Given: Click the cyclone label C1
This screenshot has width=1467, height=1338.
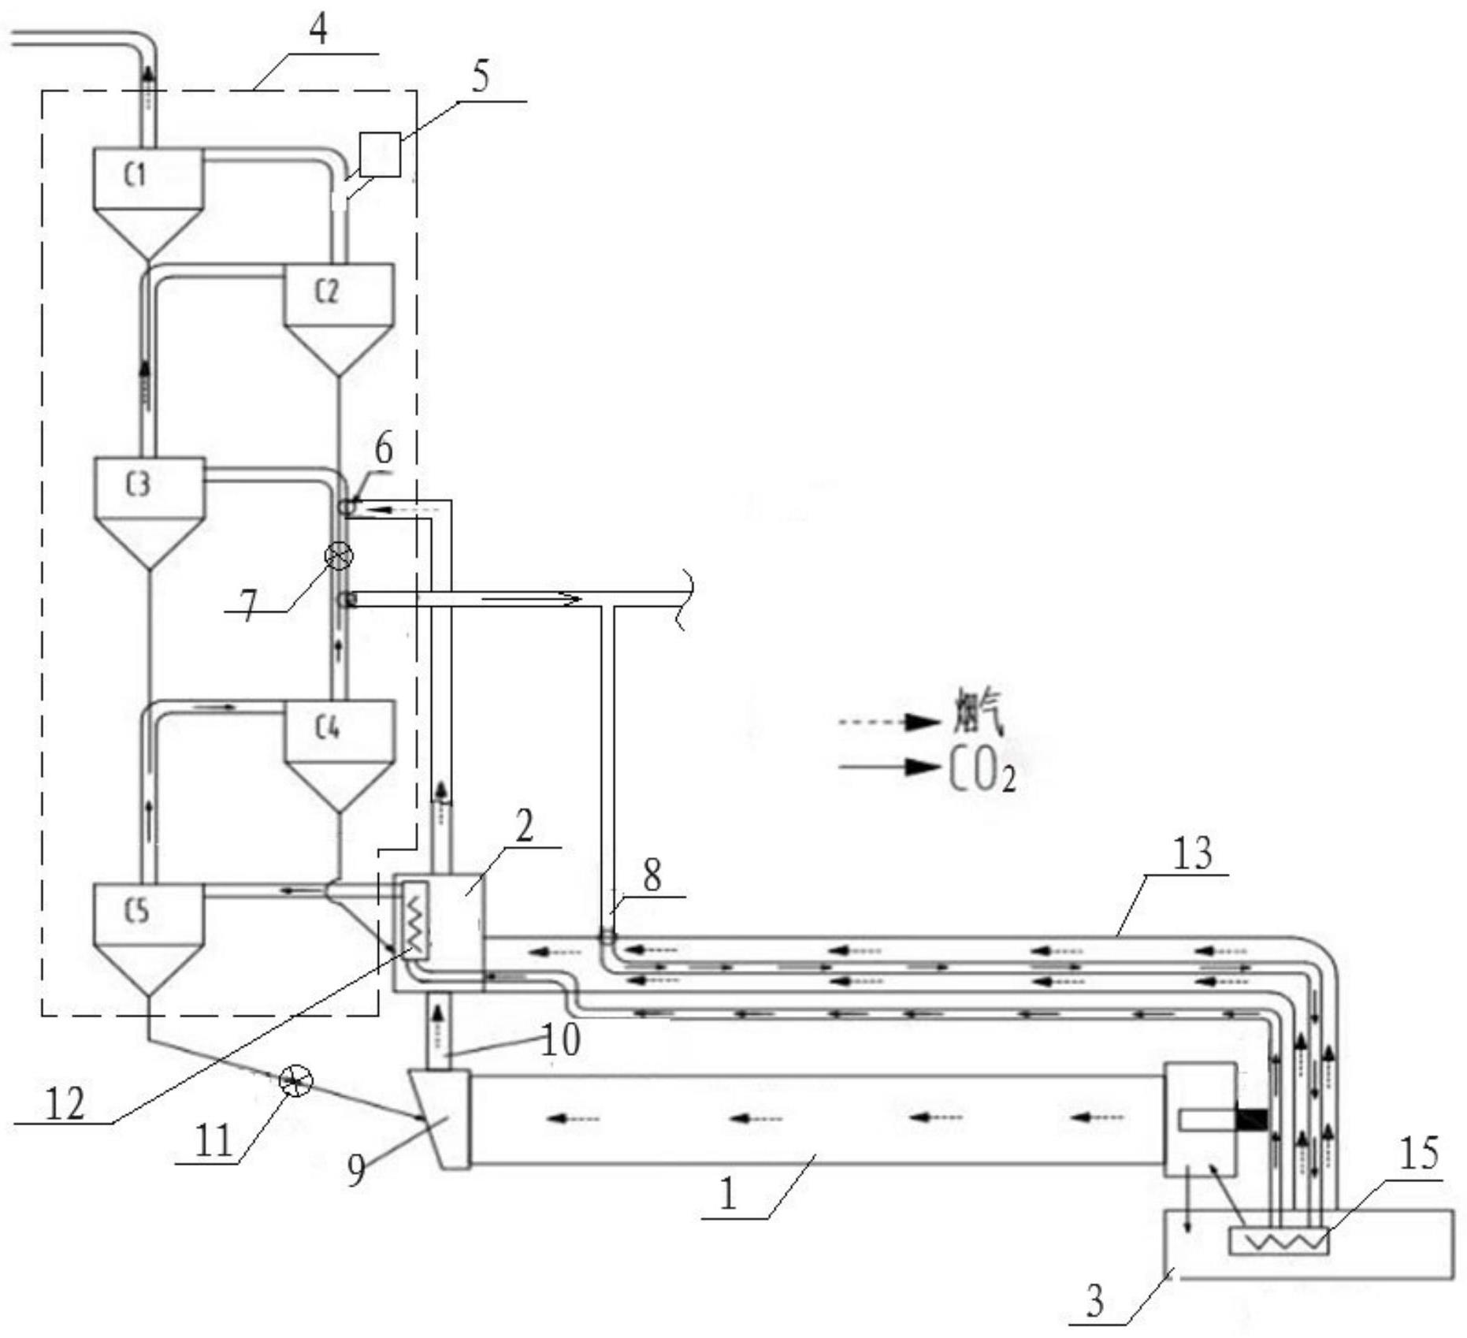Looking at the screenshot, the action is pyautogui.click(x=136, y=174).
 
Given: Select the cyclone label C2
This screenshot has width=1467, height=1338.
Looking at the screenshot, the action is pyautogui.click(x=327, y=291).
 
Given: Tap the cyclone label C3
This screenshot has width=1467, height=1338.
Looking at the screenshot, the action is pyautogui.click(x=138, y=485).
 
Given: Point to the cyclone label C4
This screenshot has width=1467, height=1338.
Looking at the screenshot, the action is pyautogui.click(x=328, y=728).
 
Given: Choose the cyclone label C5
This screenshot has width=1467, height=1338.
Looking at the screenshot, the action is pyautogui.click(x=137, y=911).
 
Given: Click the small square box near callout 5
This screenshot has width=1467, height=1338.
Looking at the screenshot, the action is pyautogui.click(x=380, y=154).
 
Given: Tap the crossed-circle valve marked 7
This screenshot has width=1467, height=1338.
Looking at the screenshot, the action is pyautogui.click(x=339, y=556).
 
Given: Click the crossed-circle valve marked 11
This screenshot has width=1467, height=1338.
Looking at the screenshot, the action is pyautogui.click(x=296, y=1080).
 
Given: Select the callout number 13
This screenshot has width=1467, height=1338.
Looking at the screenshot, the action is pyautogui.click(x=1193, y=853).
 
